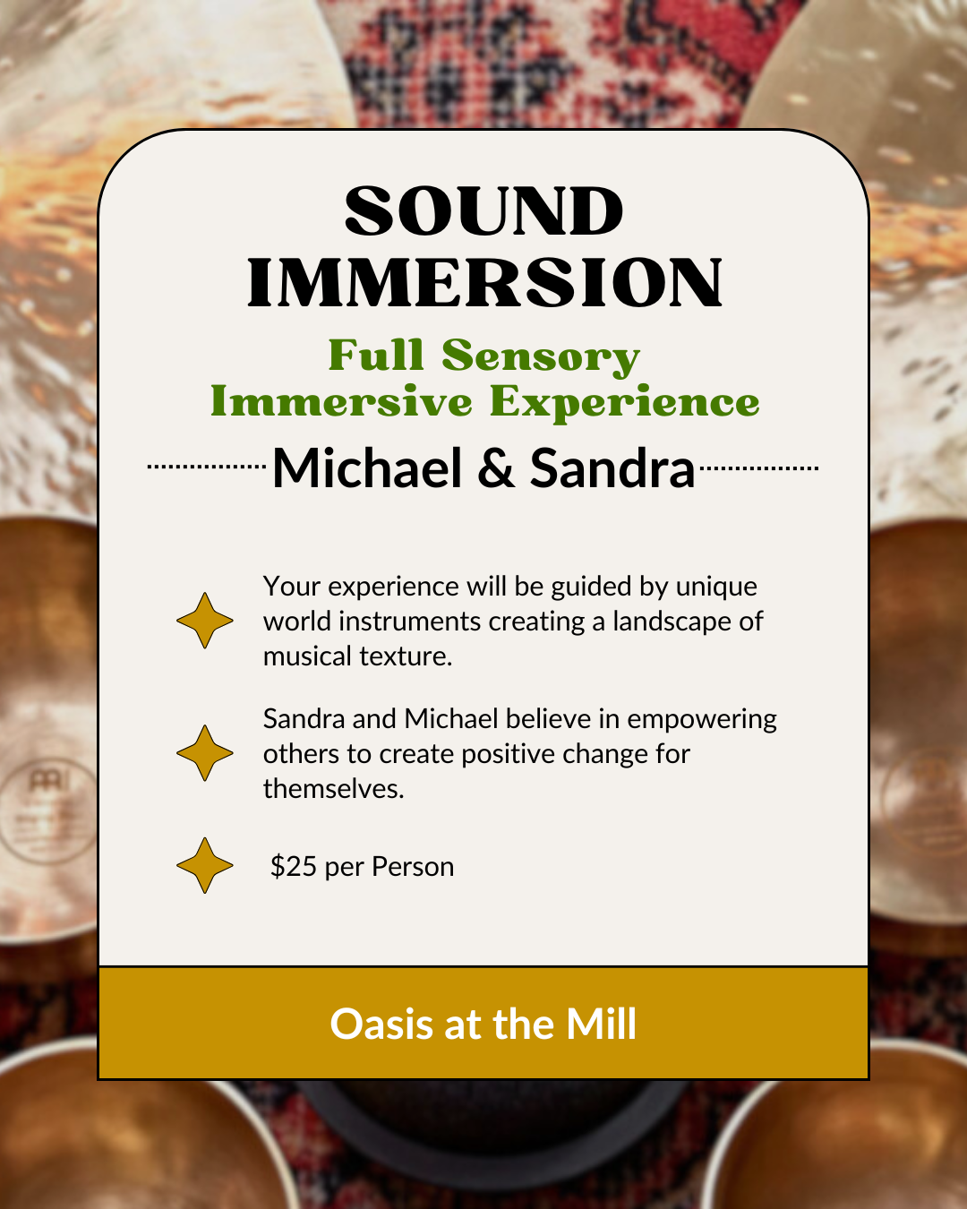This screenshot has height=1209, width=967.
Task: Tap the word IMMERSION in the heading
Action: coord(484,283)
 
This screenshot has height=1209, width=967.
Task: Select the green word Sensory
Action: coord(541,357)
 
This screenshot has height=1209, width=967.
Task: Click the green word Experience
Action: coord(625,403)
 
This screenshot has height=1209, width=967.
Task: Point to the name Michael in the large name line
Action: coord(367,468)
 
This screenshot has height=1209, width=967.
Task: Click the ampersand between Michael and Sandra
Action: coord(495,468)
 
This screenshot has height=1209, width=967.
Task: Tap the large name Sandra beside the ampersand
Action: coord(612,468)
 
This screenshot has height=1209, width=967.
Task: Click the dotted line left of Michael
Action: coord(207,467)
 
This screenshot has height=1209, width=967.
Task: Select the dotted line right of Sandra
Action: coord(759,467)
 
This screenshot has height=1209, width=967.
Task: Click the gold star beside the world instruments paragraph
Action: coord(204,621)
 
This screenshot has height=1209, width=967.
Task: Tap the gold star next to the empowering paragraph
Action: coord(204,753)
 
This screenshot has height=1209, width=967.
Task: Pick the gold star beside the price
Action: coord(204,865)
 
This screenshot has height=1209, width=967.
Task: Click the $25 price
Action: coord(294,866)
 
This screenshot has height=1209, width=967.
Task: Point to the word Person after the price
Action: coord(413,866)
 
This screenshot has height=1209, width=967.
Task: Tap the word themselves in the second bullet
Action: coord(334,789)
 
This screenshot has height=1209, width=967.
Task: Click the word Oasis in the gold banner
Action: coord(381,1025)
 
